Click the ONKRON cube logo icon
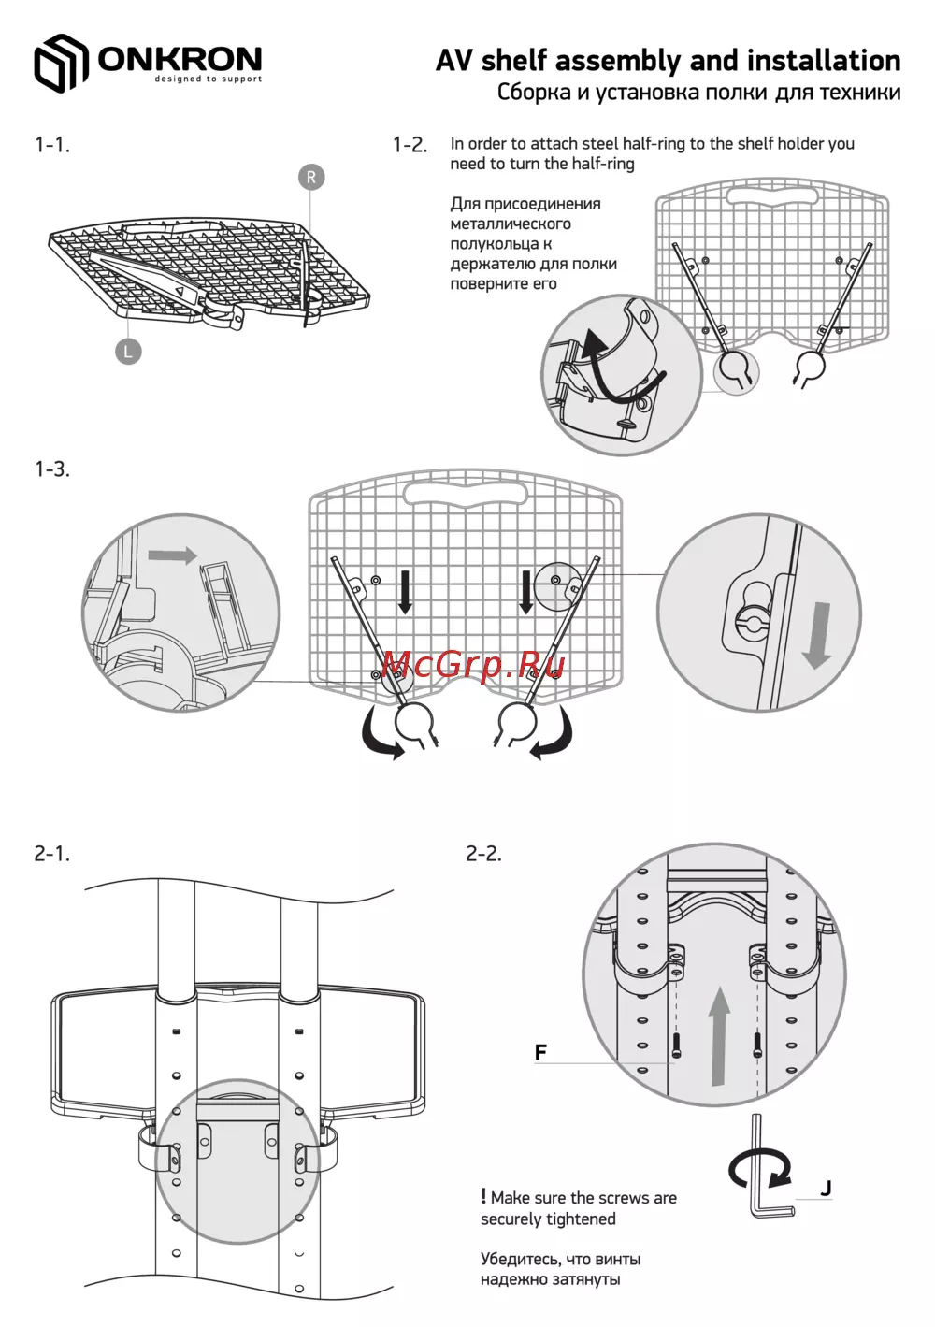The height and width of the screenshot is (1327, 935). pos(61,63)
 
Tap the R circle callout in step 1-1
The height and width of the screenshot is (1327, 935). pos(311,177)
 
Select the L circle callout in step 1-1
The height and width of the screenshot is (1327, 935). pos(128,352)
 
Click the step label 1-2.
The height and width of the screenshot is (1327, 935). pos(410,145)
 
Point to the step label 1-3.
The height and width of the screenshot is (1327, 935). pos(52,469)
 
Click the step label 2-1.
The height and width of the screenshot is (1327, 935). pos(52,854)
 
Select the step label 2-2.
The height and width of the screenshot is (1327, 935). pos(483,854)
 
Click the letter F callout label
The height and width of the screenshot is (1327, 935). pos(540,1052)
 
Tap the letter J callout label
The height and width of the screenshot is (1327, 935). pos(826,1188)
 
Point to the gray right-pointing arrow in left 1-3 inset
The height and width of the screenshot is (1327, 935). pos(172,555)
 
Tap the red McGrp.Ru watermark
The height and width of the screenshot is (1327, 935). pos(474,665)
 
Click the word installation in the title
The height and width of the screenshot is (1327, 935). pos(824,61)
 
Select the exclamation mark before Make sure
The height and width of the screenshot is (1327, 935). pos(483,1197)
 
